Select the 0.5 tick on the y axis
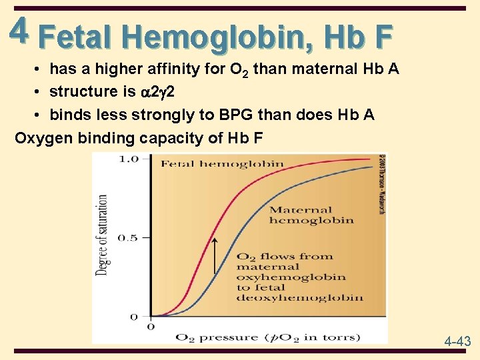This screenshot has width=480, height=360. click(127, 238)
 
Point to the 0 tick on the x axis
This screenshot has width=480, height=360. click(150, 326)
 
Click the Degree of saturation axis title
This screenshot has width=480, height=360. click(103, 235)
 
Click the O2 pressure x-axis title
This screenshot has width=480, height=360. click(267, 337)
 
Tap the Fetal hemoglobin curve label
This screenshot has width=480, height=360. click(222, 164)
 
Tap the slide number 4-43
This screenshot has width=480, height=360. click(458, 341)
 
